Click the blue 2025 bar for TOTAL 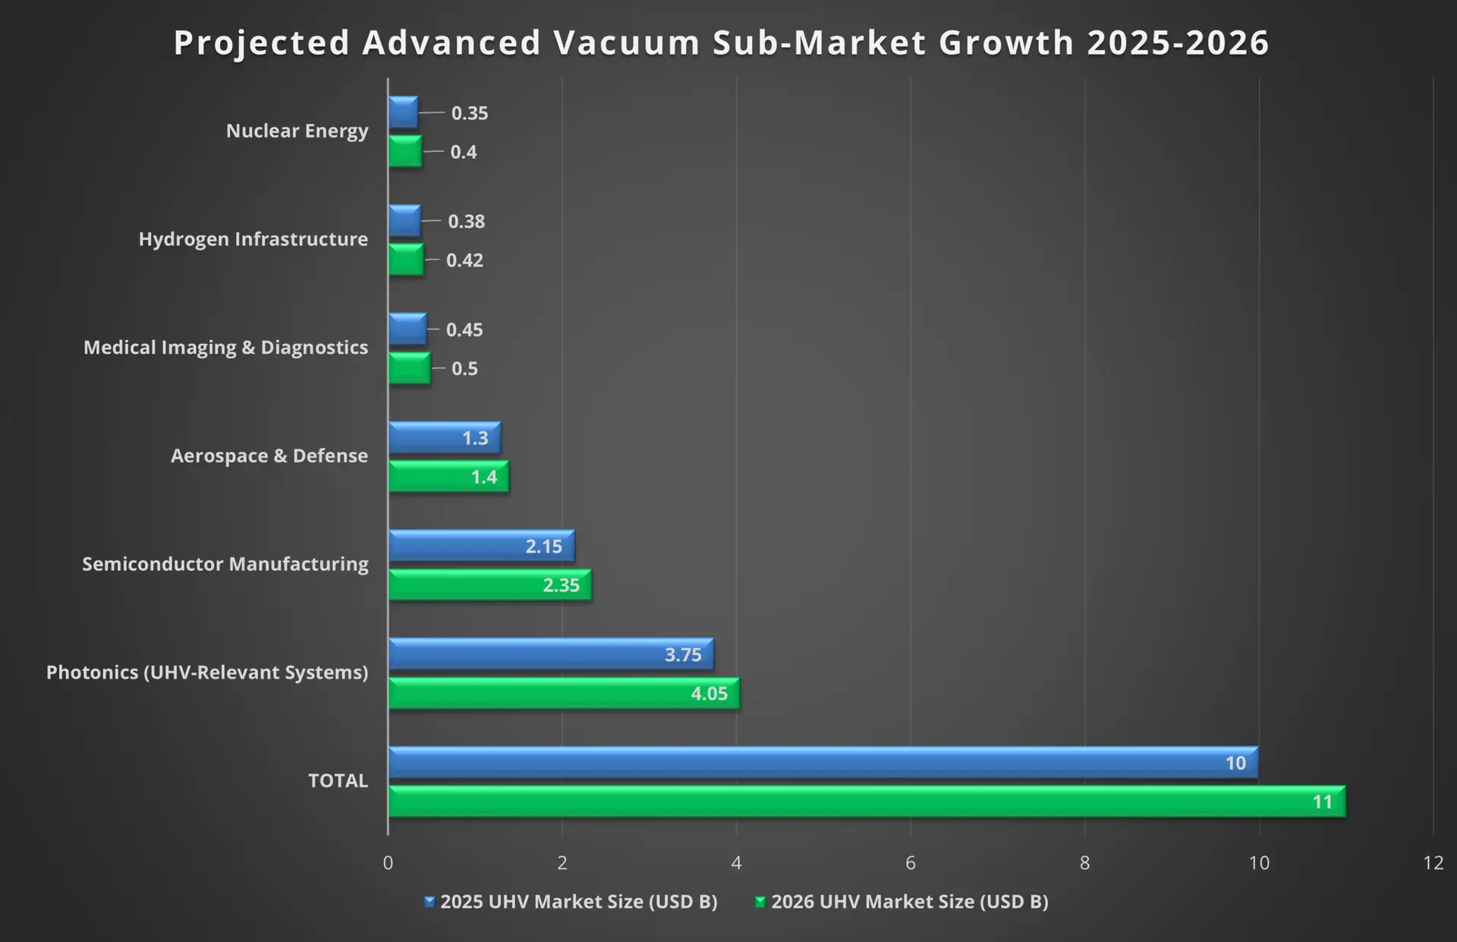[823, 762]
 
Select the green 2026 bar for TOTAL [867, 802]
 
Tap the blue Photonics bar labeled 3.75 [551, 654]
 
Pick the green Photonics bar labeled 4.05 [564, 693]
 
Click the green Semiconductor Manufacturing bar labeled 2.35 [489, 585]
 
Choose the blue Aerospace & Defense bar [444, 438]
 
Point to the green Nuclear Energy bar [405, 151]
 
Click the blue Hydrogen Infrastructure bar [404, 221]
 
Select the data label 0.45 [464, 330]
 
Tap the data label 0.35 [470, 113]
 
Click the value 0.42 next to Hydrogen [464, 260]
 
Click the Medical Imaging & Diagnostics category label [225, 348]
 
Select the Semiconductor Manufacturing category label [225, 564]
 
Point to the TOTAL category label [338, 781]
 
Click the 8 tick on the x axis [1084, 863]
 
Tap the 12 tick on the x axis [1433, 863]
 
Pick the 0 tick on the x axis [388, 863]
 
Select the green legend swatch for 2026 [760, 902]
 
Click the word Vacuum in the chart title [626, 43]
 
